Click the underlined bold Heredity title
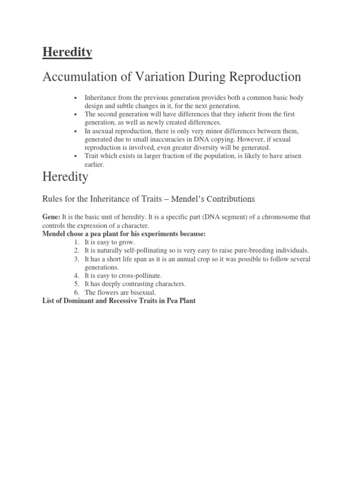[67, 52]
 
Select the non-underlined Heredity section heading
[65, 177]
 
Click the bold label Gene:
[52, 217]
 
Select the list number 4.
[77, 276]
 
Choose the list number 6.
[77, 292]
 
